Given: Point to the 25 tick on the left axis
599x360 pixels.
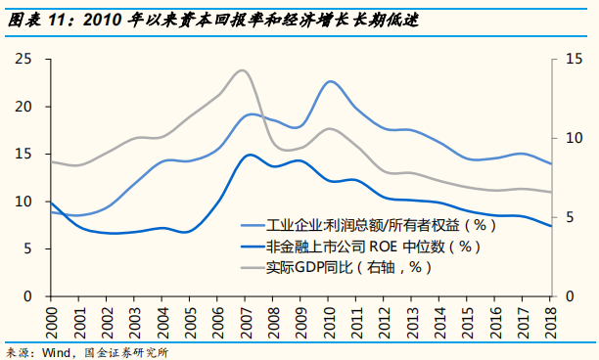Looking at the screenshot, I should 24,60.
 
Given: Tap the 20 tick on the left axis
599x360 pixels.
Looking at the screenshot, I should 24,107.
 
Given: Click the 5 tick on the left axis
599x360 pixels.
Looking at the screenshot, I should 28,248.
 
